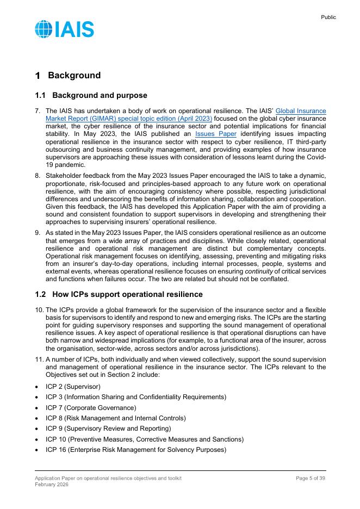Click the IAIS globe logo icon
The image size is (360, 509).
(x=44, y=29)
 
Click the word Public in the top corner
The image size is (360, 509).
(x=328, y=17)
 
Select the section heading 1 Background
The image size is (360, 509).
(x=68, y=76)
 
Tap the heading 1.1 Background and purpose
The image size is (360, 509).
(x=91, y=96)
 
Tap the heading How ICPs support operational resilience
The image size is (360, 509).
(x=125, y=295)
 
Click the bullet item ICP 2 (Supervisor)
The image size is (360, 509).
(x=73, y=387)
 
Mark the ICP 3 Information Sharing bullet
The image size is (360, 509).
(x=135, y=397)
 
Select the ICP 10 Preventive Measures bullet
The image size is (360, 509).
(x=145, y=439)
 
